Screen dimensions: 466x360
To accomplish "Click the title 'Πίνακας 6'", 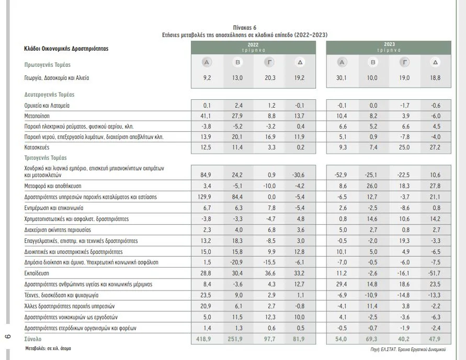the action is [245, 28].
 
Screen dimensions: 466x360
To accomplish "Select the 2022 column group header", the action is [253, 48].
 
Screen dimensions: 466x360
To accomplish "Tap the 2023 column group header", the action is [389, 48].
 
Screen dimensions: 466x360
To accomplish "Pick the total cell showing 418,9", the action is [203, 339].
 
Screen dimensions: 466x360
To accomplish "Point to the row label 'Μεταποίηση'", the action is [37, 116].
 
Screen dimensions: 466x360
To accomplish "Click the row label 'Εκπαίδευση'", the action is [37, 273].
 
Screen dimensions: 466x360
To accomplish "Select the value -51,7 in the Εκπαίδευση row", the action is [435, 273].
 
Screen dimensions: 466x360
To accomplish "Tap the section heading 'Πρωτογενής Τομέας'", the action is [48, 65].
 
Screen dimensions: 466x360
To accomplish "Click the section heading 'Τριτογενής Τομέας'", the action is [46, 158].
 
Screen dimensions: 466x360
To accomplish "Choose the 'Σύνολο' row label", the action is [33, 339].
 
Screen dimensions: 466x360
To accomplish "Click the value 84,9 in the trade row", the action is [206, 175].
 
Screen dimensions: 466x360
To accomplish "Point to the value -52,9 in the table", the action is [340, 175].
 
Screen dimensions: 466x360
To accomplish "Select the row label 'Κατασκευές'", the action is [37, 147].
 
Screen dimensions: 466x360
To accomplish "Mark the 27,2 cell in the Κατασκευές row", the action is [435, 147].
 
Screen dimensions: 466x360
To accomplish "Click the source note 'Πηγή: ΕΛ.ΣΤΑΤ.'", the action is [383, 350].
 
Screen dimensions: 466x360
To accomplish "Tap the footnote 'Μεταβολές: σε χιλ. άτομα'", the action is [48, 349].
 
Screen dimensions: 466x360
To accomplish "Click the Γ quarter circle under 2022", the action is [269, 62].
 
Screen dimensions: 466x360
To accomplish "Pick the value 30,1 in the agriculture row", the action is [341, 78].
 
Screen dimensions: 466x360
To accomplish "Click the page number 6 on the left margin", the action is [8, 336].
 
